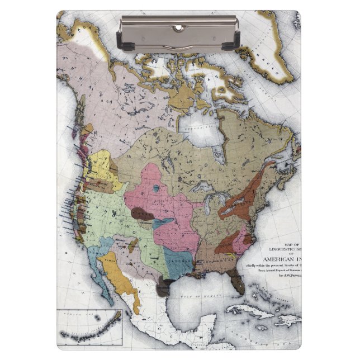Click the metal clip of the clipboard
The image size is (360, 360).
point(178,35)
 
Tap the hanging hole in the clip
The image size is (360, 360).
point(178,27)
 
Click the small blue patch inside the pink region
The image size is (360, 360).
point(156,188)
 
